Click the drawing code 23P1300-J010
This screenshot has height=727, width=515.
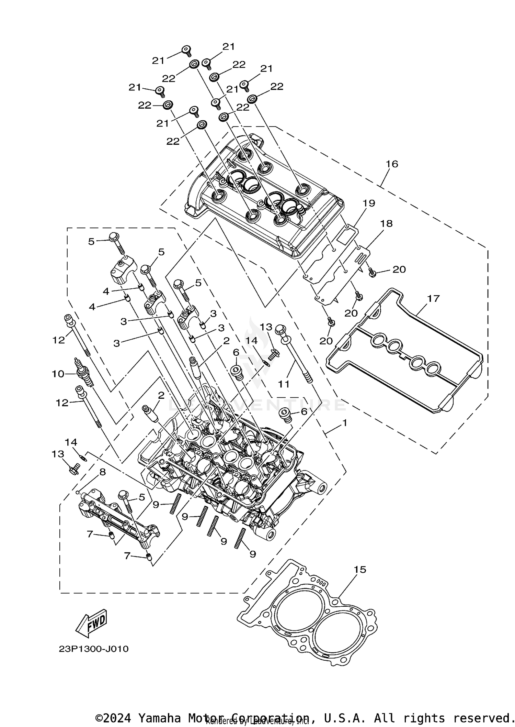click(x=94, y=649)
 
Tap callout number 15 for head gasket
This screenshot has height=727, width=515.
click(x=360, y=570)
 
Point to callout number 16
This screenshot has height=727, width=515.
click(x=392, y=164)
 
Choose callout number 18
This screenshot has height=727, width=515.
click(x=386, y=223)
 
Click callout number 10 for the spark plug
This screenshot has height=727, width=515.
click(x=58, y=374)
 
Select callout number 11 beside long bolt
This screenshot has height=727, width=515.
click(x=284, y=384)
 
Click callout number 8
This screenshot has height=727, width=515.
click(x=102, y=472)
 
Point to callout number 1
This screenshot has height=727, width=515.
click(x=344, y=423)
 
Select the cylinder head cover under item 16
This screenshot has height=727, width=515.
click(x=264, y=196)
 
